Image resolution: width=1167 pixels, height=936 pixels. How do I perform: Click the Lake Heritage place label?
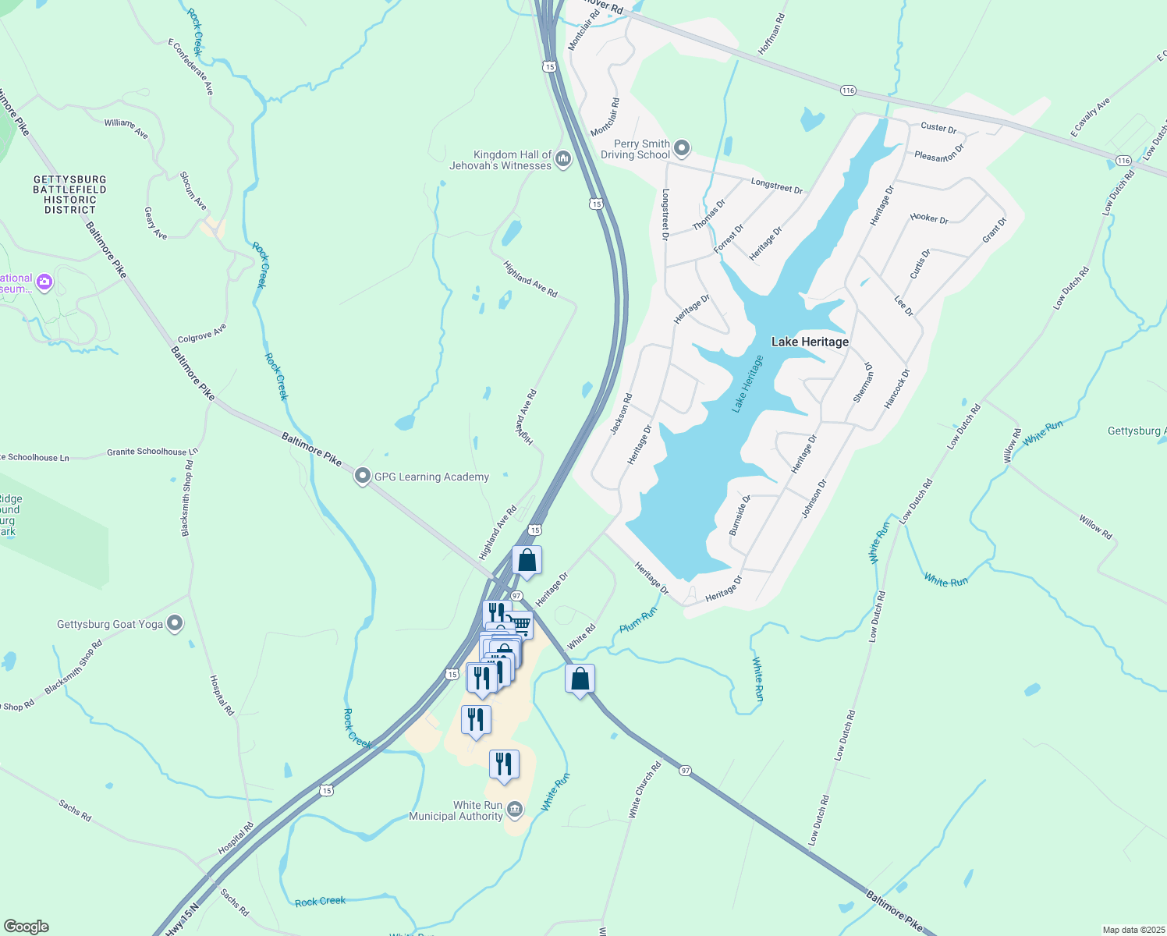(x=810, y=342)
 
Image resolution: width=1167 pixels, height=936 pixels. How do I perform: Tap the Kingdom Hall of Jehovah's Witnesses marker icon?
(x=563, y=159)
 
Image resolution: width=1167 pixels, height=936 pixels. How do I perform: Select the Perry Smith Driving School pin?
(x=682, y=147)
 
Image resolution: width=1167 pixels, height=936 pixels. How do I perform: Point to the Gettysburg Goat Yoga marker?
(x=175, y=623)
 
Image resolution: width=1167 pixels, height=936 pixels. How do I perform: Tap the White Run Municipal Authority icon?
(x=514, y=810)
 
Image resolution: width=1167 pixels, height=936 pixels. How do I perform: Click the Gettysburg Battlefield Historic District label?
(x=69, y=194)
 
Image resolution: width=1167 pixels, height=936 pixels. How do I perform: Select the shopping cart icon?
(x=520, y=624)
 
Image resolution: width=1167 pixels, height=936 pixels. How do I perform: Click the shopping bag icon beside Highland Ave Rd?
(x=527, y=561)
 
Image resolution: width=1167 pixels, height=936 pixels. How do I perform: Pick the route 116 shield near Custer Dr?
(x=848, y=90)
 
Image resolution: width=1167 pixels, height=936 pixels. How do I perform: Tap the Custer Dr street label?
(x=938, y=127)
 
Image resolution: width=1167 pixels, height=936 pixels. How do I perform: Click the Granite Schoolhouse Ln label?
(x=152, y=452)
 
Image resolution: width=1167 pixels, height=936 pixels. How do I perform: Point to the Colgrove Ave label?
(x=202, y=334)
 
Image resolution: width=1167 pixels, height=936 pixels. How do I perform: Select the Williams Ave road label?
(x=126, y=128)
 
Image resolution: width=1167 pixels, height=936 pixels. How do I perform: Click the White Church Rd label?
(x=645, y=789)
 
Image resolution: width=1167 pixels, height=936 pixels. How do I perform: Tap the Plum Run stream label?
(x=638, y=620)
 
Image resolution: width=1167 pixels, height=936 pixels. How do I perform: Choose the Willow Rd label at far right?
(x=1095, y=527)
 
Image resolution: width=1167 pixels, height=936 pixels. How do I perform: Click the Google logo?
(x=27, y=927)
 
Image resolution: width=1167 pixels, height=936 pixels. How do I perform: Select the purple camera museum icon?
(x=44, y=282)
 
